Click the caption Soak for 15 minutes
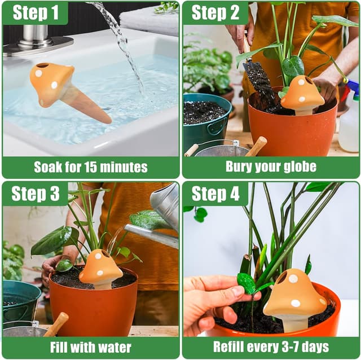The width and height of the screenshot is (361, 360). click(x=90, y=167)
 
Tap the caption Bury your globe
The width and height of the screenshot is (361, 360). click(x=271, y=167)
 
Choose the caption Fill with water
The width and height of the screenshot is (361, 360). click(x=90, y=347)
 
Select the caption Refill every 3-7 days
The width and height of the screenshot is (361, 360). click(x=271, y=347)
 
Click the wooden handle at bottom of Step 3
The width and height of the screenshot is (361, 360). click(x=56, y=324)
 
